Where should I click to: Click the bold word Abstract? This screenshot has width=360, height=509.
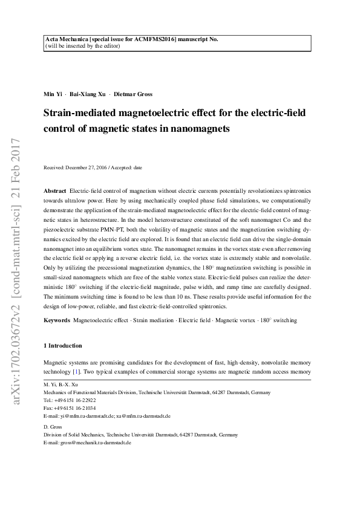click(x=56, y=190)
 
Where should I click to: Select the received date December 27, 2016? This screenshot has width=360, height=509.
click(x=87, y=167)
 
